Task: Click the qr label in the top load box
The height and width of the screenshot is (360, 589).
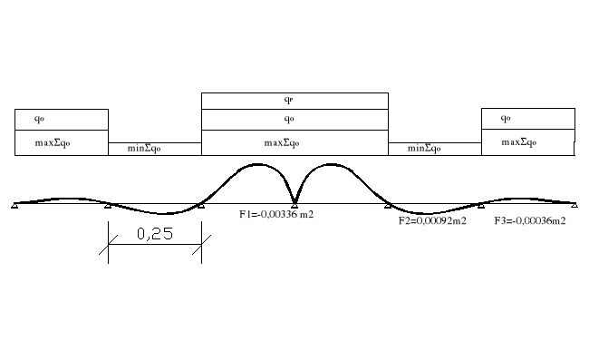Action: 288,100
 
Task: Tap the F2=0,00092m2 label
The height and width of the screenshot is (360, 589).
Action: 432,220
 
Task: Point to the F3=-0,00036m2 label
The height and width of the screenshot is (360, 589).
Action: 530,220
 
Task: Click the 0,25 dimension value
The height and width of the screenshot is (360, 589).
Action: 155,233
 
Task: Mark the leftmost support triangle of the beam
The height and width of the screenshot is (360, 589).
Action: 15,206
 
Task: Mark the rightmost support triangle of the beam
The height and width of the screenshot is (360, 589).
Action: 574,206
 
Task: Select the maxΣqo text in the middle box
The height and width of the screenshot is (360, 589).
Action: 288,142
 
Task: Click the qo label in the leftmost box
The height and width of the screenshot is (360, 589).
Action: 39,119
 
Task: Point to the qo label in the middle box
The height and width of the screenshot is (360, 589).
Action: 288,119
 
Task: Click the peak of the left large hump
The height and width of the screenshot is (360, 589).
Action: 259,164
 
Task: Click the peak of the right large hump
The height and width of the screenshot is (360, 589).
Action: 330,164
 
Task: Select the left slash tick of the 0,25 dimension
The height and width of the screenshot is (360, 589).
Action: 109,240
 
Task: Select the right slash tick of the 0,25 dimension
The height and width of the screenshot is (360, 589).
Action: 201,240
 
